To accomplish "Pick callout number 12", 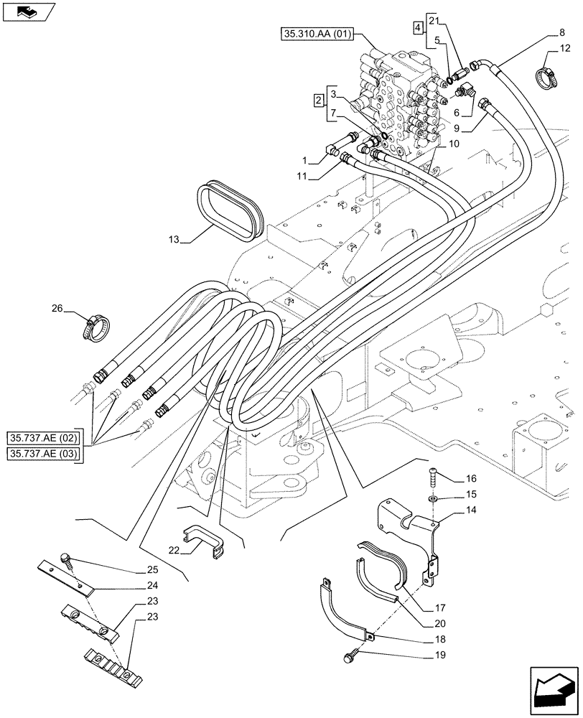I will [566, 49].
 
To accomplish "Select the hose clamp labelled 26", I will [92, 329].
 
